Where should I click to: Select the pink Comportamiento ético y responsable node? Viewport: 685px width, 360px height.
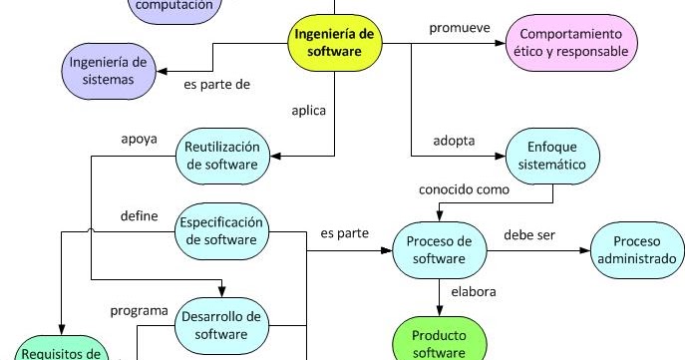click(573, 41)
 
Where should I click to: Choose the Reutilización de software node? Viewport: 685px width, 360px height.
click(223, 156)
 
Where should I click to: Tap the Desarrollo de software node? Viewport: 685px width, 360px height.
click(223, 325)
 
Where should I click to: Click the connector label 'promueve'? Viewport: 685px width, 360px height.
click(458, 27)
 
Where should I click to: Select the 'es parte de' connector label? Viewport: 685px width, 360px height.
click(216, 85)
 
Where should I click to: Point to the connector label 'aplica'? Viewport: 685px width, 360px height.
click(308, 112)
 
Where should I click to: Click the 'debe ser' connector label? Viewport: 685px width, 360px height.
click(529, 235)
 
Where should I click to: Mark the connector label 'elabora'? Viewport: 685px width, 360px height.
click(474, 292)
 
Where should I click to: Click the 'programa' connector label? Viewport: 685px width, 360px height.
click(139, 310)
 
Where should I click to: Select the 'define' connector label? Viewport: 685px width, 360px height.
click(139, 214)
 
